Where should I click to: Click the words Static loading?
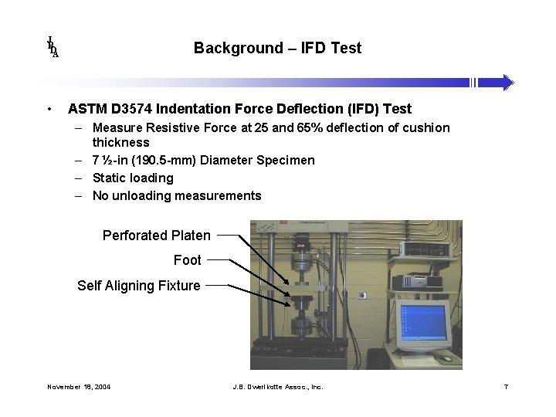coord(133,178)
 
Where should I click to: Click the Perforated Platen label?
coord(156,235)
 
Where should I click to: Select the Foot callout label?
coord(187,260)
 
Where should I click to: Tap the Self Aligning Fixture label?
coord(138,286)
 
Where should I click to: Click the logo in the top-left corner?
coord(53,47)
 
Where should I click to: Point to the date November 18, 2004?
coord(79,386)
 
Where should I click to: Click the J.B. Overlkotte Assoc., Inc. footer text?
coord(277,386)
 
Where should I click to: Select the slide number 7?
coord(506,386)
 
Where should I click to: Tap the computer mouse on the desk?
coord(446,358)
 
